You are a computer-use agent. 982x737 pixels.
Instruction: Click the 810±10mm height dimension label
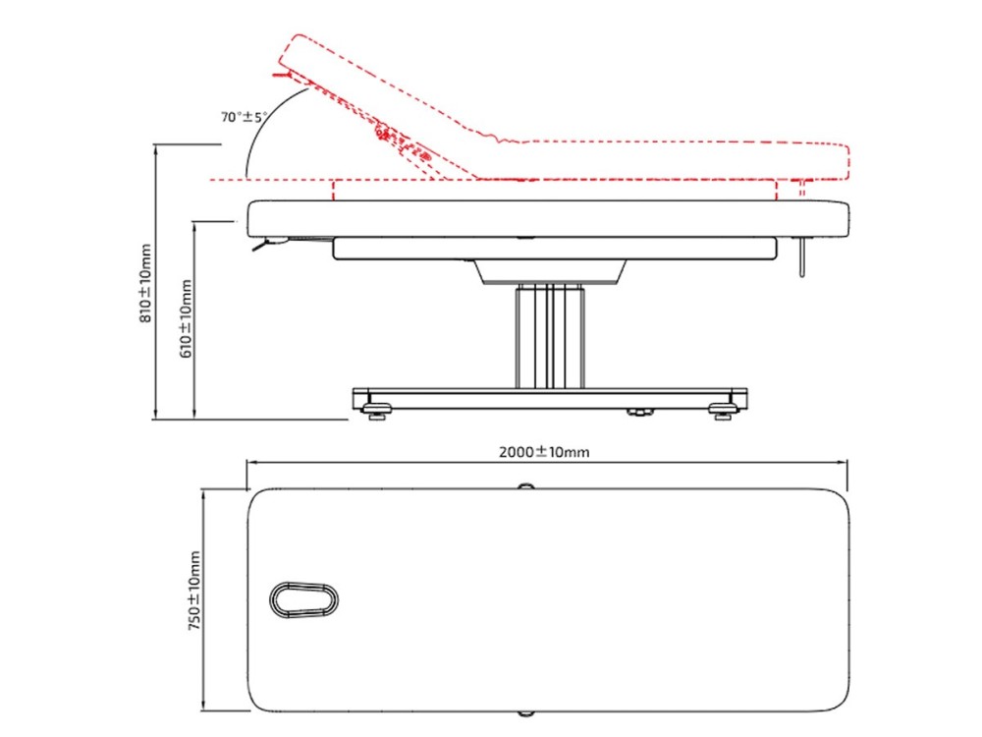[x=144, y=283]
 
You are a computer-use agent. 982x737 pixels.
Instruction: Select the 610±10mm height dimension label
[x=186, y=319]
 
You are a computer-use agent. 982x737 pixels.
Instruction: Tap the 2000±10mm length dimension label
[x=544, y=452]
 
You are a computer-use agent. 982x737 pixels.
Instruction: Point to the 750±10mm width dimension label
[x=194, y=591]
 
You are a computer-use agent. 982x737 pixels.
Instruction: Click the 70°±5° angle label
[x=244, y=117]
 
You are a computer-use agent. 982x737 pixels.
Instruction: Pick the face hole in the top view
[x=303, y=599]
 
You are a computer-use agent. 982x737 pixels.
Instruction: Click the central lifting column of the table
[x=550, y=336]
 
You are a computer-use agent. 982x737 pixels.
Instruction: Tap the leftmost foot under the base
[x=377, y=412]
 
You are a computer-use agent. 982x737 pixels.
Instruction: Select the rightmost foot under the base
[x=723, y=412]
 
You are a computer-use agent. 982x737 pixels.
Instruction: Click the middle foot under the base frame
[x=639, y=413]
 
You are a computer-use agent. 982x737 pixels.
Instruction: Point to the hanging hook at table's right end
[x=801, y=256]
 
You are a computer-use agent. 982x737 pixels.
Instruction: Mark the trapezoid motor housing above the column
[x=550, y=271]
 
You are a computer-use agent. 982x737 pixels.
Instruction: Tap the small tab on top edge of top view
[x=526, y=486]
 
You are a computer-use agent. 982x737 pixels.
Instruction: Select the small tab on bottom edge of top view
[x=526, y=713]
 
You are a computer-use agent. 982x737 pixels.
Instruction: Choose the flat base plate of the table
[x=550, y=399]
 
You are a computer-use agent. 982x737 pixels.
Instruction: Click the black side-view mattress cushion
[x=549, y=218]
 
